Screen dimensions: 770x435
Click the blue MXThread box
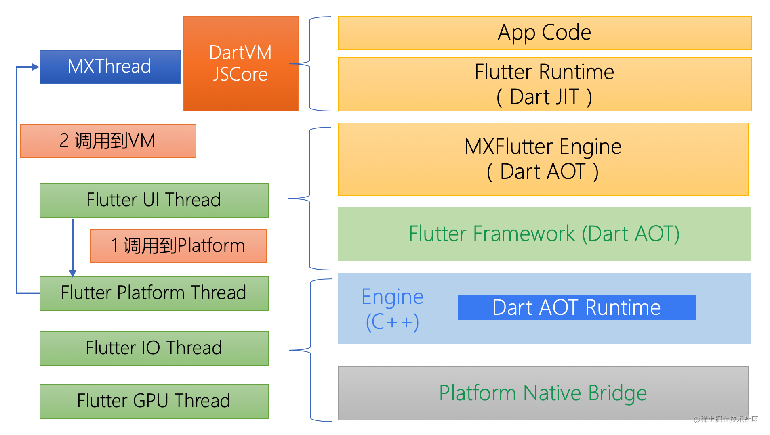110,67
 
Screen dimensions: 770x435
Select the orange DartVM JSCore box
241,64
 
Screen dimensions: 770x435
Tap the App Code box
545,33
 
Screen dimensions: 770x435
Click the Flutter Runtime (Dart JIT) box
545,84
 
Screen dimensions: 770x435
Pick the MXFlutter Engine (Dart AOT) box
543,159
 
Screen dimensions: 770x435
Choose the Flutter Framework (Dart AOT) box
544,234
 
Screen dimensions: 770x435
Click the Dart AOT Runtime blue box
576,307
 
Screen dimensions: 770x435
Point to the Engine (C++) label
393,309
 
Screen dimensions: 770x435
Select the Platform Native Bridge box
543,393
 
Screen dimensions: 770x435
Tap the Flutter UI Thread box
154,201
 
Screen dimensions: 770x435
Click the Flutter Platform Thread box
154,293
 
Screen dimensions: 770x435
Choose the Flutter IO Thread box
154,348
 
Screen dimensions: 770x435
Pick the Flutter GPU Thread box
154,402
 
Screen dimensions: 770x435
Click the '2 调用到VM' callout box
108,141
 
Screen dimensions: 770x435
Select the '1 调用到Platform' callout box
178,246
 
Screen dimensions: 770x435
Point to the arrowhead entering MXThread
36,67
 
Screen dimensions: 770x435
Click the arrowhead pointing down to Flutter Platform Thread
73,273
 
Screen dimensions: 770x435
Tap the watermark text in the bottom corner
726,419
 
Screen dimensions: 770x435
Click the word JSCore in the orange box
240,75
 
